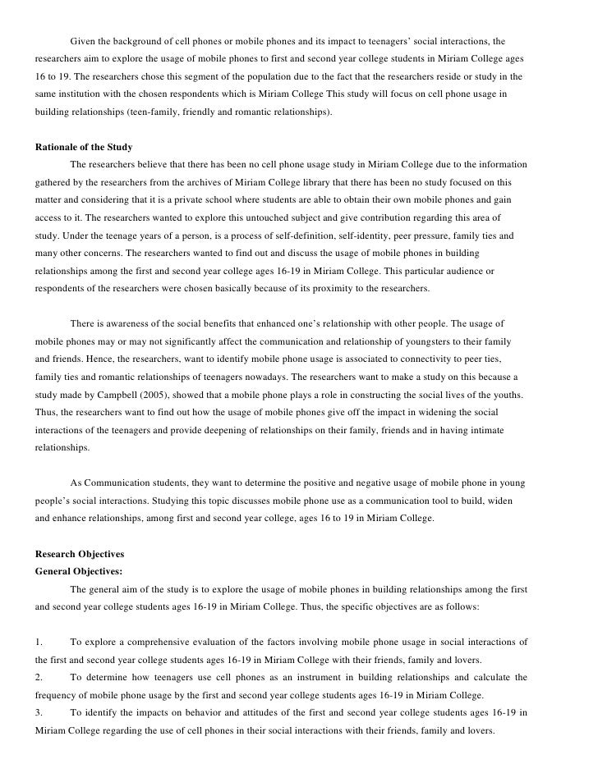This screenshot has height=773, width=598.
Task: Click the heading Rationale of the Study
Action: [84, 147]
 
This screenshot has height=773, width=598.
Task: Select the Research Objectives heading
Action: [80, 555]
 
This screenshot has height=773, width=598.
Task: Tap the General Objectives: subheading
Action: [81, 572]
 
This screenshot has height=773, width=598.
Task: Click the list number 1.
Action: [39, 643]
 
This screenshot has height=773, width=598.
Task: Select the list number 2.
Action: [39, 678]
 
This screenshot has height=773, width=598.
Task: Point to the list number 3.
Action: [39, 713]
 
